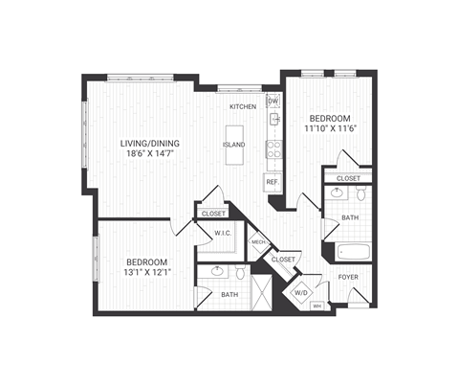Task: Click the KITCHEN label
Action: (242, 106)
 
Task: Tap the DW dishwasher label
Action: (273, 101)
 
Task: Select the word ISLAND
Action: (233, 145)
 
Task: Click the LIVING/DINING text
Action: (150, 145)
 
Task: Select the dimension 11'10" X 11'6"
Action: (324, 127)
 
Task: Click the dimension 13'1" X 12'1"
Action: (147, 273)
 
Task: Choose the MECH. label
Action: (257, 242)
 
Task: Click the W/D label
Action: (300, 292)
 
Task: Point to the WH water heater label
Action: (317, 307)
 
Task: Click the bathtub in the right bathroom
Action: (353, 253)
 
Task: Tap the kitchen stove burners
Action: (273, 148)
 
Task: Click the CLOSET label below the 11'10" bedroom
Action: (348, 178)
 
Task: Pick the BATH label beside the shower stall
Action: (229, 294)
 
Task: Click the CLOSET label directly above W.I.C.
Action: (214, 214)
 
